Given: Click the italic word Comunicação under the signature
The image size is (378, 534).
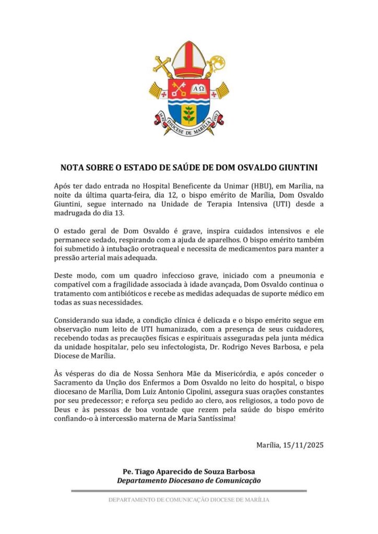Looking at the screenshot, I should (x=236, y=481).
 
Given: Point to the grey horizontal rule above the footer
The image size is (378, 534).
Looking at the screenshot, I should (x=189, y=490).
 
